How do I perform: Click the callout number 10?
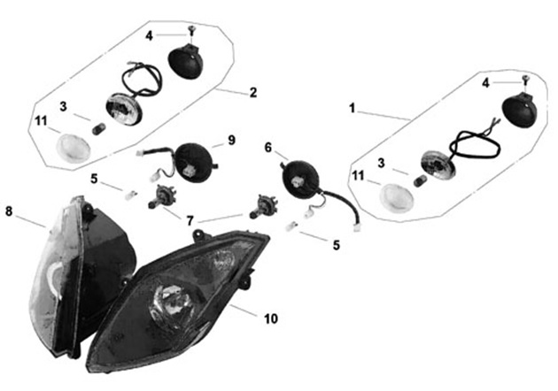[x=271, y=318]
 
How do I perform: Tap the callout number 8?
[x=9, y=211]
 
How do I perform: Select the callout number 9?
[x=232, y=140]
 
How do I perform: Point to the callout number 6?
[x=268, y=147]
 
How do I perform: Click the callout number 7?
[x=190, y=221]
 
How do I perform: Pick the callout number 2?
[x=253, y=92]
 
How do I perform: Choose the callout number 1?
[x=352, y=108]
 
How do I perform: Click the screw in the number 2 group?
[x=192, y=31]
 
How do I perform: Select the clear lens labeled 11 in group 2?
[x=74, y=148]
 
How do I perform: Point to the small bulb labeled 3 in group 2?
[x=97, y=128]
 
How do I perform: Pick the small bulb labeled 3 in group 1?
[x=420, y=181]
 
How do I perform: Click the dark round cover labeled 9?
[x=194, y=163]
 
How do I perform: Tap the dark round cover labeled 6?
[x=299, y=179]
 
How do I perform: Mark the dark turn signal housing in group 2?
[x=185, y=61]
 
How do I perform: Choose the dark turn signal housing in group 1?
[x=519, y=110]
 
